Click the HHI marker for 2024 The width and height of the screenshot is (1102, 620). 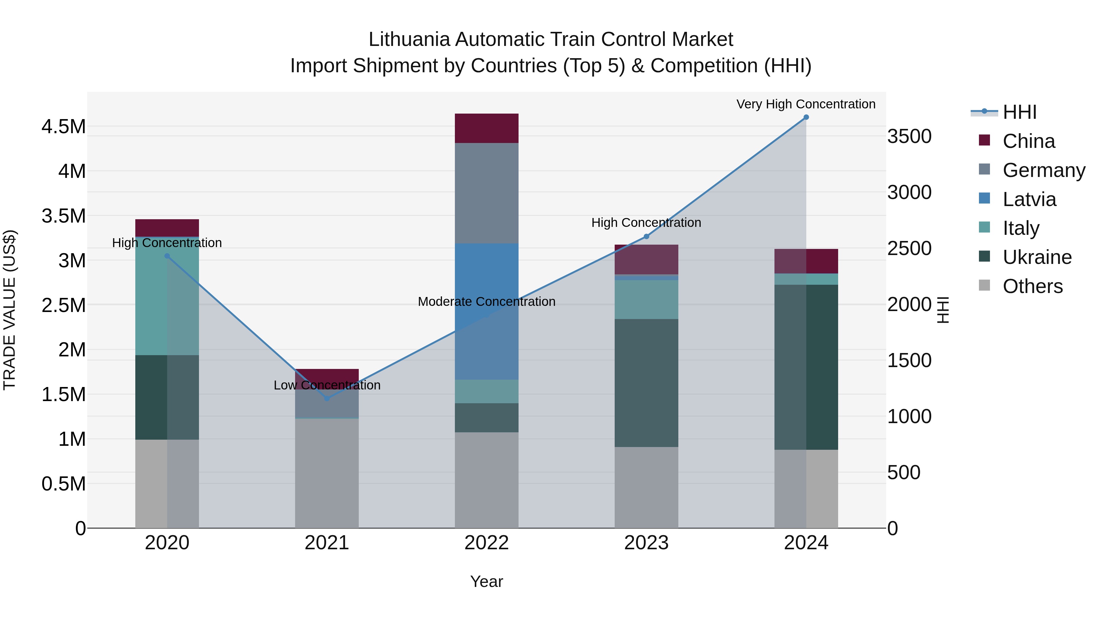[x=806, y=117]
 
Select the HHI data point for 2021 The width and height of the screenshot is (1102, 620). [x=327, y=398]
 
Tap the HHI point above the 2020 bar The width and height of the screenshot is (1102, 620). [x=167, y=256]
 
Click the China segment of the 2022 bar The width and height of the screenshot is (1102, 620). [x=486, y=128]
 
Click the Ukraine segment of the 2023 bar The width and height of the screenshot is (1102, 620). [x=647, y=383]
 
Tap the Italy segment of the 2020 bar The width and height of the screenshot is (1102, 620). [x=167, y=296]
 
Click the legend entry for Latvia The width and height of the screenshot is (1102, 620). [x=1029, y=199]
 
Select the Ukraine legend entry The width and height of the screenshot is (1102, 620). [x=1037, y=257]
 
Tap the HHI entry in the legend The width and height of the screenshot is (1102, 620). [x=1019, y=112]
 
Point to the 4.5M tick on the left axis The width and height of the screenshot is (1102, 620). [x=63, y=127]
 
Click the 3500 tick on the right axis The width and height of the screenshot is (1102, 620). [x=909, y=137]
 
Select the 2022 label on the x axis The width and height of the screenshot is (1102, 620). [x=486, y=543]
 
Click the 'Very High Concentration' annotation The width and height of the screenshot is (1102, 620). [x=806, y=104]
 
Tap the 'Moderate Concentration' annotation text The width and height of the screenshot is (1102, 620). [x=486, y=302]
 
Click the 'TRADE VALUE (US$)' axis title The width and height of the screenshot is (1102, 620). [x=9, y=310]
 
